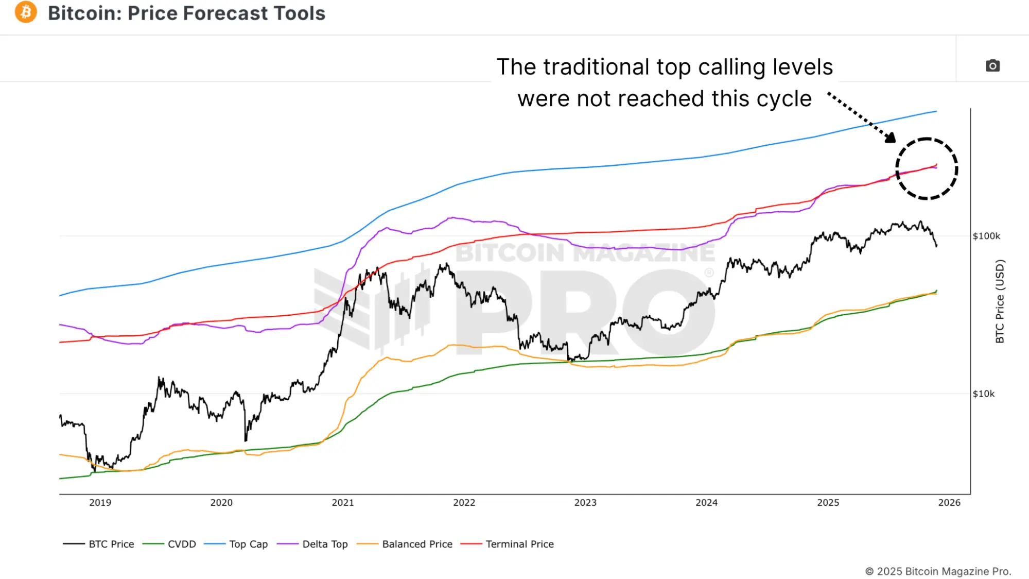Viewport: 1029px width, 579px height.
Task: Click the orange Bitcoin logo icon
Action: (26, 12)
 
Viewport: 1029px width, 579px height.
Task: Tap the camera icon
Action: (992, 66)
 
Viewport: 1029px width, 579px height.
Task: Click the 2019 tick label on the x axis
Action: (100, 503)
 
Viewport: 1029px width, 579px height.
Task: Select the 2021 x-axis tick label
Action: (343, 503)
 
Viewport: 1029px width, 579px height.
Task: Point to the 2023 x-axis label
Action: (585, 503)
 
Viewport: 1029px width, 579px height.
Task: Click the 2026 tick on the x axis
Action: (949, 503)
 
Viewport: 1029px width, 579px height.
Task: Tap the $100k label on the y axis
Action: (986, 236)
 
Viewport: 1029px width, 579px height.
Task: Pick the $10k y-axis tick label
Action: (984, 394)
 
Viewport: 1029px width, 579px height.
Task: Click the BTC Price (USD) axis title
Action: (1000, 301)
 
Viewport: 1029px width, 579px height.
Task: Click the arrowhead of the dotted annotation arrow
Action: (891, 138)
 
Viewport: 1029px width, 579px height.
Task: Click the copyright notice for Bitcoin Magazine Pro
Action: (938, 571)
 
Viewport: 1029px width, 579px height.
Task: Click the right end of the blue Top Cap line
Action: (936, 111)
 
